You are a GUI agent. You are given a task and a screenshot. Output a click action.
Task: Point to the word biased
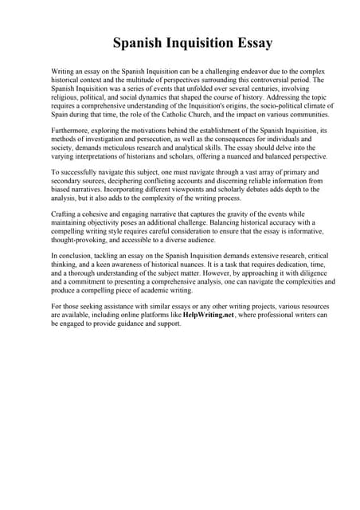[64, 190]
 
